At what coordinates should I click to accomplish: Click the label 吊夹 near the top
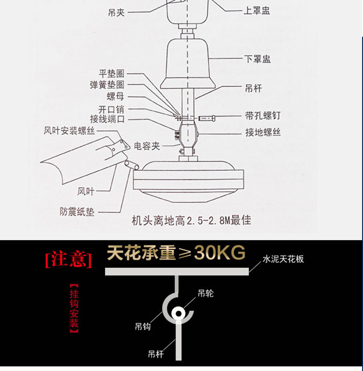[116, 12]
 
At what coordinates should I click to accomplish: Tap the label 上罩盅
[257, 10]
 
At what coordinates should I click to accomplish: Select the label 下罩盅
[257, 59]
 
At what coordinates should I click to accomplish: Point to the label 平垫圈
[112, 73]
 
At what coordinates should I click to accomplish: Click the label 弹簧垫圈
[107, 84]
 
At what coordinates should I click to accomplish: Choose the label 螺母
[115, 96]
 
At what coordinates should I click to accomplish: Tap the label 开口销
[111, 109]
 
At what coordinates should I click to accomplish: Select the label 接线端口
[107, 119]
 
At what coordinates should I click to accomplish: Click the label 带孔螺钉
[262, 115]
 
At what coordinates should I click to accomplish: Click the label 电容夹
[147, 146]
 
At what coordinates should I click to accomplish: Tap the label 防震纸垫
[77, 212]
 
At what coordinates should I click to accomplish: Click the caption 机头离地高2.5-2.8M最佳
[191, 221]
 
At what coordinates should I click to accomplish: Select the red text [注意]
[68, 259]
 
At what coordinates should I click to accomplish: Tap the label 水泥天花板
[283, 259]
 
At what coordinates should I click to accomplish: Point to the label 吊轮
[205, 293]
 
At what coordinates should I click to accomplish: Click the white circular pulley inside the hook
[178, 314]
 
